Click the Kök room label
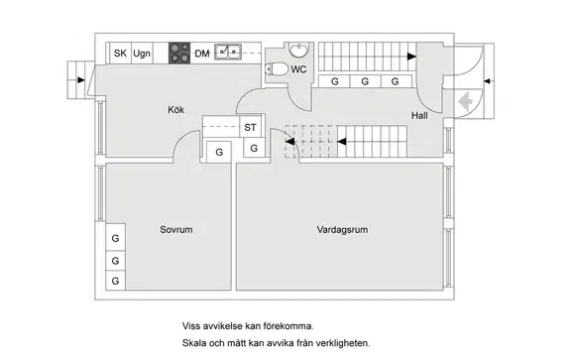click(175, 110)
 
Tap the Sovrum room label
click(176, 229)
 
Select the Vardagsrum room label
click(342, 229)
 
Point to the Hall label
click(419, 115)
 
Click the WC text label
click(298, 69)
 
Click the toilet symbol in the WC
click(277, 68)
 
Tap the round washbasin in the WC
click(299, 50)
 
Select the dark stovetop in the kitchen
click(179, 54)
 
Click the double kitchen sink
click(228, 52)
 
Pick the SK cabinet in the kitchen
click(120, 54)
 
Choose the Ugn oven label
click(142, 54)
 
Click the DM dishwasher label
click(202, 54)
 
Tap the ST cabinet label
click(250, 127)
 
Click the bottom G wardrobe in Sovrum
click(115, 281)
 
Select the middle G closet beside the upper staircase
click(365, 81)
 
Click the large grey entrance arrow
click(465, 102)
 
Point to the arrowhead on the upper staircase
click(411, 57)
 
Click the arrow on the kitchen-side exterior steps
click(81, 80)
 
